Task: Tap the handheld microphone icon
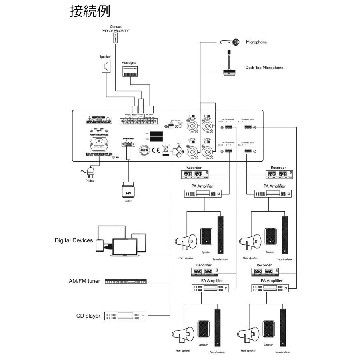230,42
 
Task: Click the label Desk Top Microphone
264,68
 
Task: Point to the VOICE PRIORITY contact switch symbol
116,38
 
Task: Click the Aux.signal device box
130,71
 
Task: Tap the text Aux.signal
129,63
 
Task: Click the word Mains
90,180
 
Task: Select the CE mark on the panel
157,151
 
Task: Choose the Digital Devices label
74,241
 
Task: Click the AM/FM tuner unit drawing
126,282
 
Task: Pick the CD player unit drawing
126,316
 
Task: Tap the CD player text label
88,316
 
